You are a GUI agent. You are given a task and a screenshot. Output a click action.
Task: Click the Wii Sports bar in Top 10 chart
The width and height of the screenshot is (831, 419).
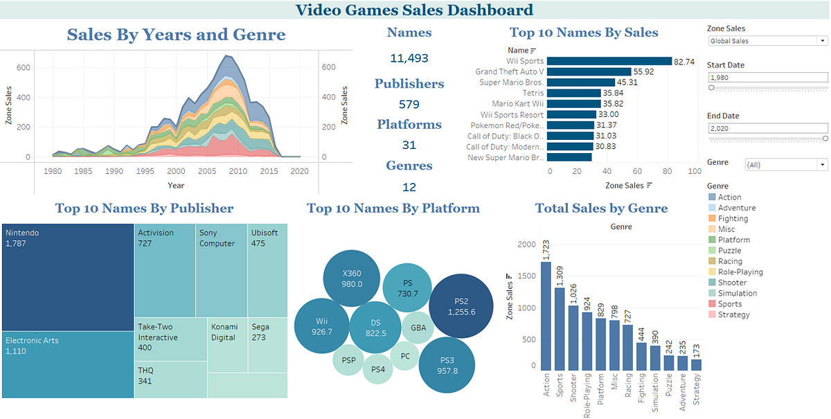click(x=609, y=61)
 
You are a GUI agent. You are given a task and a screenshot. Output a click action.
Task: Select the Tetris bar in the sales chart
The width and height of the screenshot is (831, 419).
click(x=573, y=93)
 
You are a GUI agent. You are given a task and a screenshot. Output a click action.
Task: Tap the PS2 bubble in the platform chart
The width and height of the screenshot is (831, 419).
click(x=461, y=306)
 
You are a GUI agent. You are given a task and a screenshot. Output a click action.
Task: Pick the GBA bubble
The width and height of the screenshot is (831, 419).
click(x=418, y=328)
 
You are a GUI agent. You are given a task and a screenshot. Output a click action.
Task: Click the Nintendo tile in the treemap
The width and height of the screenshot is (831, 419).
click(x=68, y=277)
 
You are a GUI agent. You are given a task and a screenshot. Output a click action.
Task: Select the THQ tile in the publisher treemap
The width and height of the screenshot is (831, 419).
click(x=170, y=380)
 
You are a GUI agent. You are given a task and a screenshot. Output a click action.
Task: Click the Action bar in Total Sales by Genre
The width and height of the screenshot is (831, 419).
click(x=546, y=317)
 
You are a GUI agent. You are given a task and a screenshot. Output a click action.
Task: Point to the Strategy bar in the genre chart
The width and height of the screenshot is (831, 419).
click(x=697, y=365)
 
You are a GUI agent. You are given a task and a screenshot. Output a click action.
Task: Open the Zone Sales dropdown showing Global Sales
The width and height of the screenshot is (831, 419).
click(x=767, y=41)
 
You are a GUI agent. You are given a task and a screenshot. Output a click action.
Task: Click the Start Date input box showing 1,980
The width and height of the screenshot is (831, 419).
click(x=767, y=78)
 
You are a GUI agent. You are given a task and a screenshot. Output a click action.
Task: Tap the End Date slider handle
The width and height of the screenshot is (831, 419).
click(x=825, y=139)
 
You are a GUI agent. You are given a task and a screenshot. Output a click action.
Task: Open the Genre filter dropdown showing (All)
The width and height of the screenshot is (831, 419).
click(x=786, y=165)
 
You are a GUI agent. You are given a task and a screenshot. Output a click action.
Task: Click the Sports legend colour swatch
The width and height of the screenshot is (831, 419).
click(x=712, y=303)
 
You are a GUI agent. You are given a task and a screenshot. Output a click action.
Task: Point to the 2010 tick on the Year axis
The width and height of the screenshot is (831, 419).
click(x=238, y=171)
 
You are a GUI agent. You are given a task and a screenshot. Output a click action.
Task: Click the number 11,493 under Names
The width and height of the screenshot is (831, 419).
click(x=409, y=58)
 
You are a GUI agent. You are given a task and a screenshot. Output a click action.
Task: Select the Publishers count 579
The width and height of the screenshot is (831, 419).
click(x=409, y=105)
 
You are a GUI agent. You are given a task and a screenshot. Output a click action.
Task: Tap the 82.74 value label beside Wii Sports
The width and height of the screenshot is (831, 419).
click(x=684, y=62)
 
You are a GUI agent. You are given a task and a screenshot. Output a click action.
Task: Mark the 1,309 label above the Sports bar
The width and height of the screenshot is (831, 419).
click(x=560, y=276)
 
